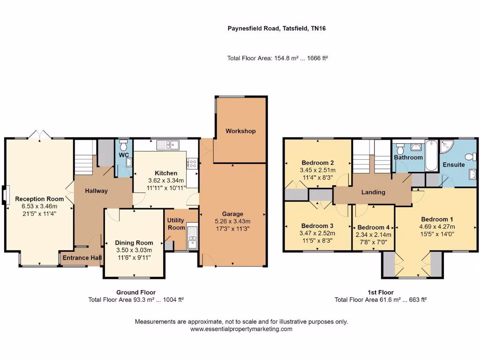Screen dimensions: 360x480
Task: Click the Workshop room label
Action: (x=240, y=131)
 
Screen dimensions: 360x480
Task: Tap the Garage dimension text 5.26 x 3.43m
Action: (x=232, y=222)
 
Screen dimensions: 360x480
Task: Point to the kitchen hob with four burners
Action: (x=192, y=163)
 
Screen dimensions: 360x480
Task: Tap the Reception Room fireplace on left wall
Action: (x=5, y=195)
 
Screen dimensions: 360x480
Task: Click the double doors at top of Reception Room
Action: (x=39, y=135)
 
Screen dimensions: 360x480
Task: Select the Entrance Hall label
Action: (x=82, y=258)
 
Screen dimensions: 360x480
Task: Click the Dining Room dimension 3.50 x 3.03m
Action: (x=134, y=250)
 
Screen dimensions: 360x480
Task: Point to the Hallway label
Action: (x=96, y=191)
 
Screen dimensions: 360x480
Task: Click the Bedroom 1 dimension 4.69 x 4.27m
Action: (x=437, y=226)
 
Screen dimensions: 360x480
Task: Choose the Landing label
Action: (x=373, y=192)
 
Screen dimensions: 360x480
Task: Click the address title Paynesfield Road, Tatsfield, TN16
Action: (x=277, y=29)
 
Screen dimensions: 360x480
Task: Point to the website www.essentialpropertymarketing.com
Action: (x=241, y=329)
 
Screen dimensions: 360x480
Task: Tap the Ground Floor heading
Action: (x=136, y=292)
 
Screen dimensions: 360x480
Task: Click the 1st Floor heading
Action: (x=380, y=292)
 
